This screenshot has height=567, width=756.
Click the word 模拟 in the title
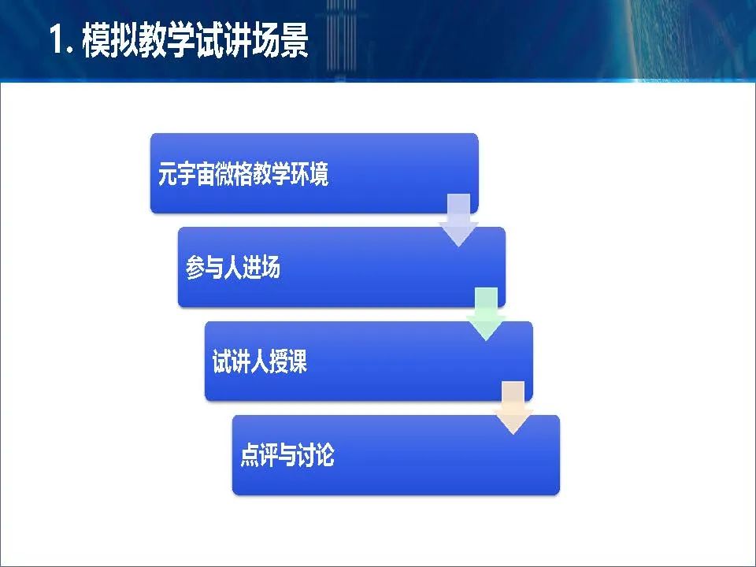coord(110,40)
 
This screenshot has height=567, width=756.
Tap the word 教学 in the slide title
coord(167,40)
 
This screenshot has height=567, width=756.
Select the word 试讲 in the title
coord(223,40)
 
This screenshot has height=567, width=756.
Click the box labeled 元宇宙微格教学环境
coord(314,173)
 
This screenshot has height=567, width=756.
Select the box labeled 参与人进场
coord(341,267)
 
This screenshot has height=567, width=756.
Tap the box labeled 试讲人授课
coord(369,361)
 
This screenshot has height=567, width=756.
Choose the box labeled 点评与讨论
coord(396,454)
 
